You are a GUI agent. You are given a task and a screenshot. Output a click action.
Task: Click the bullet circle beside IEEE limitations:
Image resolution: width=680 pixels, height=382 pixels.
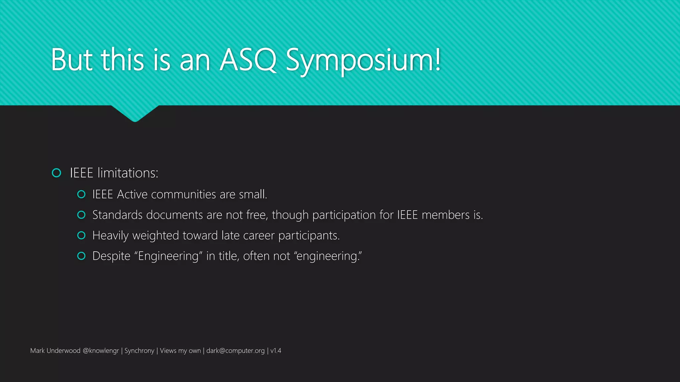[57, 173]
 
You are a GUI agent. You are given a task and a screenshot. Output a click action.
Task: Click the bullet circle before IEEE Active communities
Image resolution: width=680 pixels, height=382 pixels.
[81, 194]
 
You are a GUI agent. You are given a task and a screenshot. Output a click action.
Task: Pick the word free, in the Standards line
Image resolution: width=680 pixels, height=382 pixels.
[257, 215]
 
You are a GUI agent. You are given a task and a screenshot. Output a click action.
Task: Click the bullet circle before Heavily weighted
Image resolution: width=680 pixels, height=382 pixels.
[81, 235]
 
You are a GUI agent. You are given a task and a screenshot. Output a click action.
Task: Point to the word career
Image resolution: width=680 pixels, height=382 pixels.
[259, 235]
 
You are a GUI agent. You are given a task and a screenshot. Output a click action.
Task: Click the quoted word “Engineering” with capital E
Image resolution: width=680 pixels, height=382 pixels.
[168, 256]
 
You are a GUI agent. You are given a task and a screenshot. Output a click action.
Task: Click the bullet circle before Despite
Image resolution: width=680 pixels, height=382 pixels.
[81, 256]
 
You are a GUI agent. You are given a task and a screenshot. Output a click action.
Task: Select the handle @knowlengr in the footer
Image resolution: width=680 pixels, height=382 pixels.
[101, 350]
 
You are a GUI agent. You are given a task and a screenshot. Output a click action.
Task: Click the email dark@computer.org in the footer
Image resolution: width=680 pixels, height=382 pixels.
[235, 350]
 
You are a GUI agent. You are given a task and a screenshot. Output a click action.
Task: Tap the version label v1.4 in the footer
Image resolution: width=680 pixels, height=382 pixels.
[276, 350]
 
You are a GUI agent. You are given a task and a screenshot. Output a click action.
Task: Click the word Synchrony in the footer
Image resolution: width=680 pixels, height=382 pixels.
[139, 350]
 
